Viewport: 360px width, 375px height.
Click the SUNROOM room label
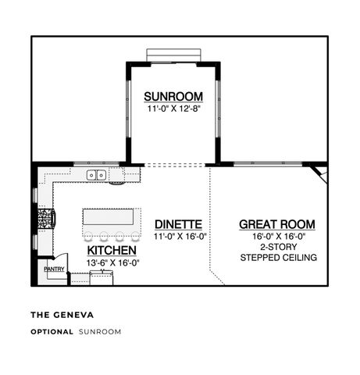(x=173, y=96)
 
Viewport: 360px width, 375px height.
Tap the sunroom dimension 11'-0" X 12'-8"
(x=173, y=109)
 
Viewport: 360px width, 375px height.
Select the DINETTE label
(x=178, y=223)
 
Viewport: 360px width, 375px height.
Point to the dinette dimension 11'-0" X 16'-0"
(x=178, y=235)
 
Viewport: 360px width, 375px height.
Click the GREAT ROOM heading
(x=277, y=224)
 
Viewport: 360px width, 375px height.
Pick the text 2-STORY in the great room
(x=277, y=245)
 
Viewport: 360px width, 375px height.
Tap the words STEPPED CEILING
(x=277, y=256)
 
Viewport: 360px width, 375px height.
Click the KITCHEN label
(x=112, y=250)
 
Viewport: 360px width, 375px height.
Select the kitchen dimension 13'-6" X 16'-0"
(x=112, y=262)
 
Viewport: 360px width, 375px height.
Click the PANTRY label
(x=54, y=270)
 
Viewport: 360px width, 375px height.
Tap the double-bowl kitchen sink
(x=97, y=175)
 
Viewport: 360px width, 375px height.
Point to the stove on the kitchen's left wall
(x=47, y=217)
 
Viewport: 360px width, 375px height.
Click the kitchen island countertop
(x=112, y=216)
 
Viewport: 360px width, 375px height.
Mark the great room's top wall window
(x=266, y=163)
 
